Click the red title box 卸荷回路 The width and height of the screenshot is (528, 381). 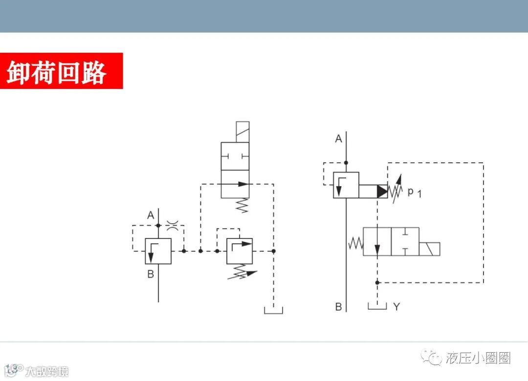click(x=61, y=71)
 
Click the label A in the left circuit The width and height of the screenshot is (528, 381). click(x=151, y=215)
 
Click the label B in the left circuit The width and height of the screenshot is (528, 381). click(x=151, y=274)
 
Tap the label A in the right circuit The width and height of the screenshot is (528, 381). click(x=338, y=139)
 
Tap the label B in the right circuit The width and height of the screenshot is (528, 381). click(x=338, y=307)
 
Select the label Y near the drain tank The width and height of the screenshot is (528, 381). click(x=396, y=307)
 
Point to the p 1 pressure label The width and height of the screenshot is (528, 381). click(x=414, y=192)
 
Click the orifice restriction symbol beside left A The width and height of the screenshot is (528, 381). click(x=172, y=225)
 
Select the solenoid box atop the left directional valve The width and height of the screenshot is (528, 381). click(x=242, y=132)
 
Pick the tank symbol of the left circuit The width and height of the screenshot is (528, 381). click(x=273, y=310)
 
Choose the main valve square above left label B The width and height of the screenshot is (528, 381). click(x=158, y=251)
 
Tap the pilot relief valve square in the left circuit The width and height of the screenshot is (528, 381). click(x=239, y=251)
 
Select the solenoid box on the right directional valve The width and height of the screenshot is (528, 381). click(x=429, y=249)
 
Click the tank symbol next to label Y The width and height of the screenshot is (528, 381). click(x=377, y=306)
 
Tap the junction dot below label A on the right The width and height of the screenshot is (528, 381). click(x=346, y=163)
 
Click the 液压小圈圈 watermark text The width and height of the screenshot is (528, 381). click(x=478, y=358)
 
